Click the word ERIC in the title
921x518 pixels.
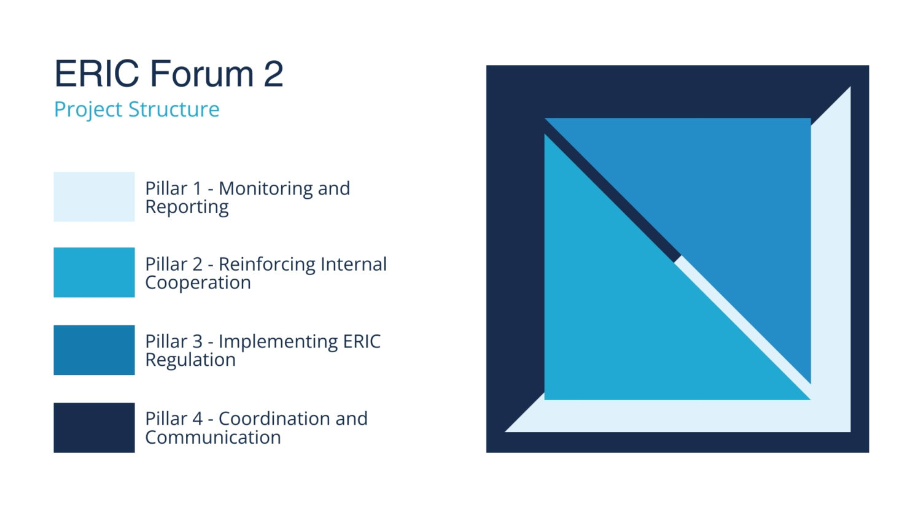[x=96, y=74]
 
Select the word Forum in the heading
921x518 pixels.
[x=202, y=74]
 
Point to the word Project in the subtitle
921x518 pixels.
[x=88, y=109]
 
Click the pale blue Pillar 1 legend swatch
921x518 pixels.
[x=94, y=196]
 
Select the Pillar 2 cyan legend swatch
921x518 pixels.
[x=94, y=273]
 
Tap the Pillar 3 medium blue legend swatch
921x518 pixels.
[x=94, y=350]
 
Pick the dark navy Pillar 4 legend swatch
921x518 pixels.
[x=94, y=428]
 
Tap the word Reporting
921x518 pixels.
[x=187, y=207]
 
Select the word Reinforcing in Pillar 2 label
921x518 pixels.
[x=266, y=265]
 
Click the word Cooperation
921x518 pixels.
[x=198, y=283]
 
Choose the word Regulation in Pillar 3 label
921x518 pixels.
[x=190, y=360]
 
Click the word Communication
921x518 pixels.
[x=213, y=438]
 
